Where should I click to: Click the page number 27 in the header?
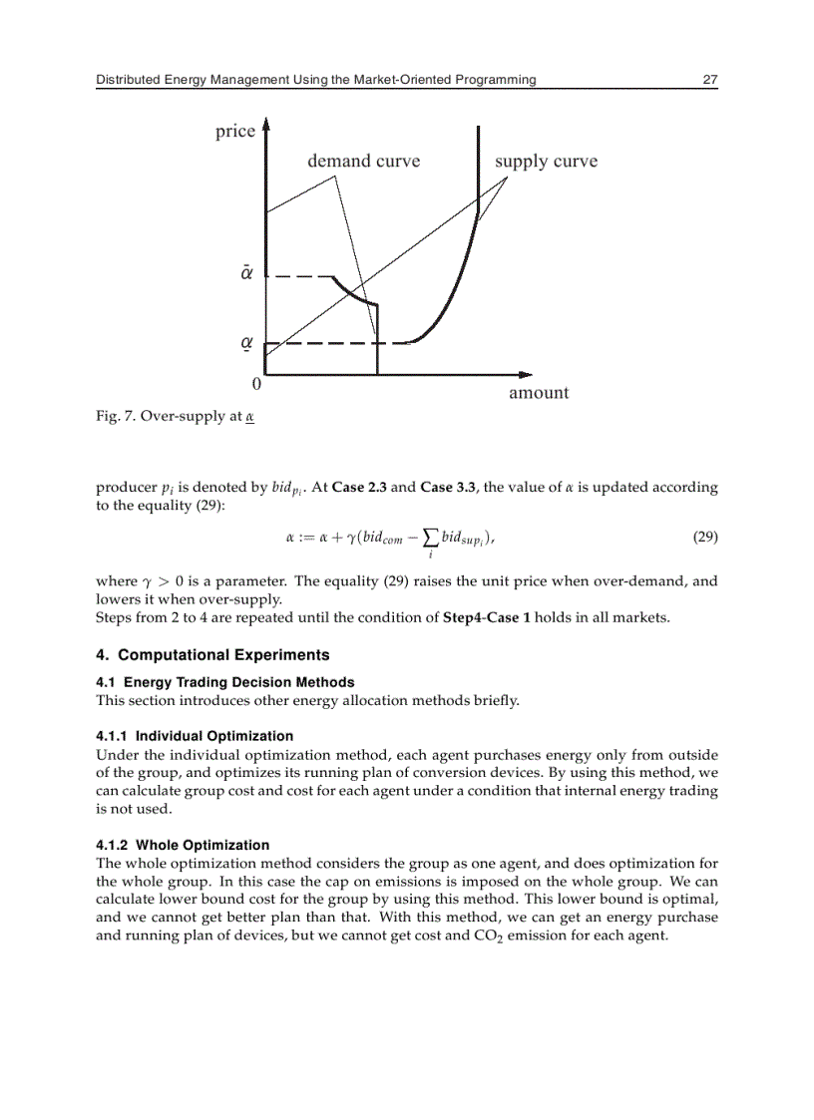709,80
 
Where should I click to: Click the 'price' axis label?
235,132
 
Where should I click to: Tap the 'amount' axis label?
539,393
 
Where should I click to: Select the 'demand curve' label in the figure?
363,162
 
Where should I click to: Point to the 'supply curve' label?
546,162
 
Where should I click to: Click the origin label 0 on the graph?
256,383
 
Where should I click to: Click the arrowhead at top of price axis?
265,127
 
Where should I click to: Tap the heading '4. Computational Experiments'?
212,655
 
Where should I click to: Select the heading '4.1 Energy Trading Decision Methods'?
224,682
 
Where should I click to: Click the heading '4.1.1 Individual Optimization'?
195,736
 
